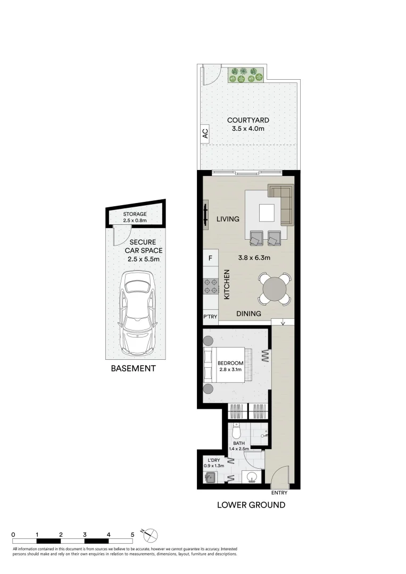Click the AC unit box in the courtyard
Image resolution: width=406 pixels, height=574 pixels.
pyautogui.click(x=205, y=133)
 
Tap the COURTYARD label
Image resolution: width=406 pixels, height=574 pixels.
pyautogui.click(x=245, y=120)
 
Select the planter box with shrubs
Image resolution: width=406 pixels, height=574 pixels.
pyautogui.click(x=246, y=75)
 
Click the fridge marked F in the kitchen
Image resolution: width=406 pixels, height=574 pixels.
pyautogui.click(x=211, y=258)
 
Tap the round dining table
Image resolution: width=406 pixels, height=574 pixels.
pyautogui.click(x=275, y=288)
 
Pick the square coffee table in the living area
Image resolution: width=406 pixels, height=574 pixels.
pyautogui.click(x=268, y=214)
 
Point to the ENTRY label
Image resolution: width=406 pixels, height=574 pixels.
pyautogui.click(x=279, y=493)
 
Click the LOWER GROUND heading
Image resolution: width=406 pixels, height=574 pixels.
pyautogui.click(x=251, y=505)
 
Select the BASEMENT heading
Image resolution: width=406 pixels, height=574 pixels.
pyautogui.click(x=133, y=368)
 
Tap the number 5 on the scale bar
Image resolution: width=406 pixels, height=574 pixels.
pyautogui.click(x=132, y=535)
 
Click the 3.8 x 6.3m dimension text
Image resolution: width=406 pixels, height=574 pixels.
pyautogui.click(x=254, y=258)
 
